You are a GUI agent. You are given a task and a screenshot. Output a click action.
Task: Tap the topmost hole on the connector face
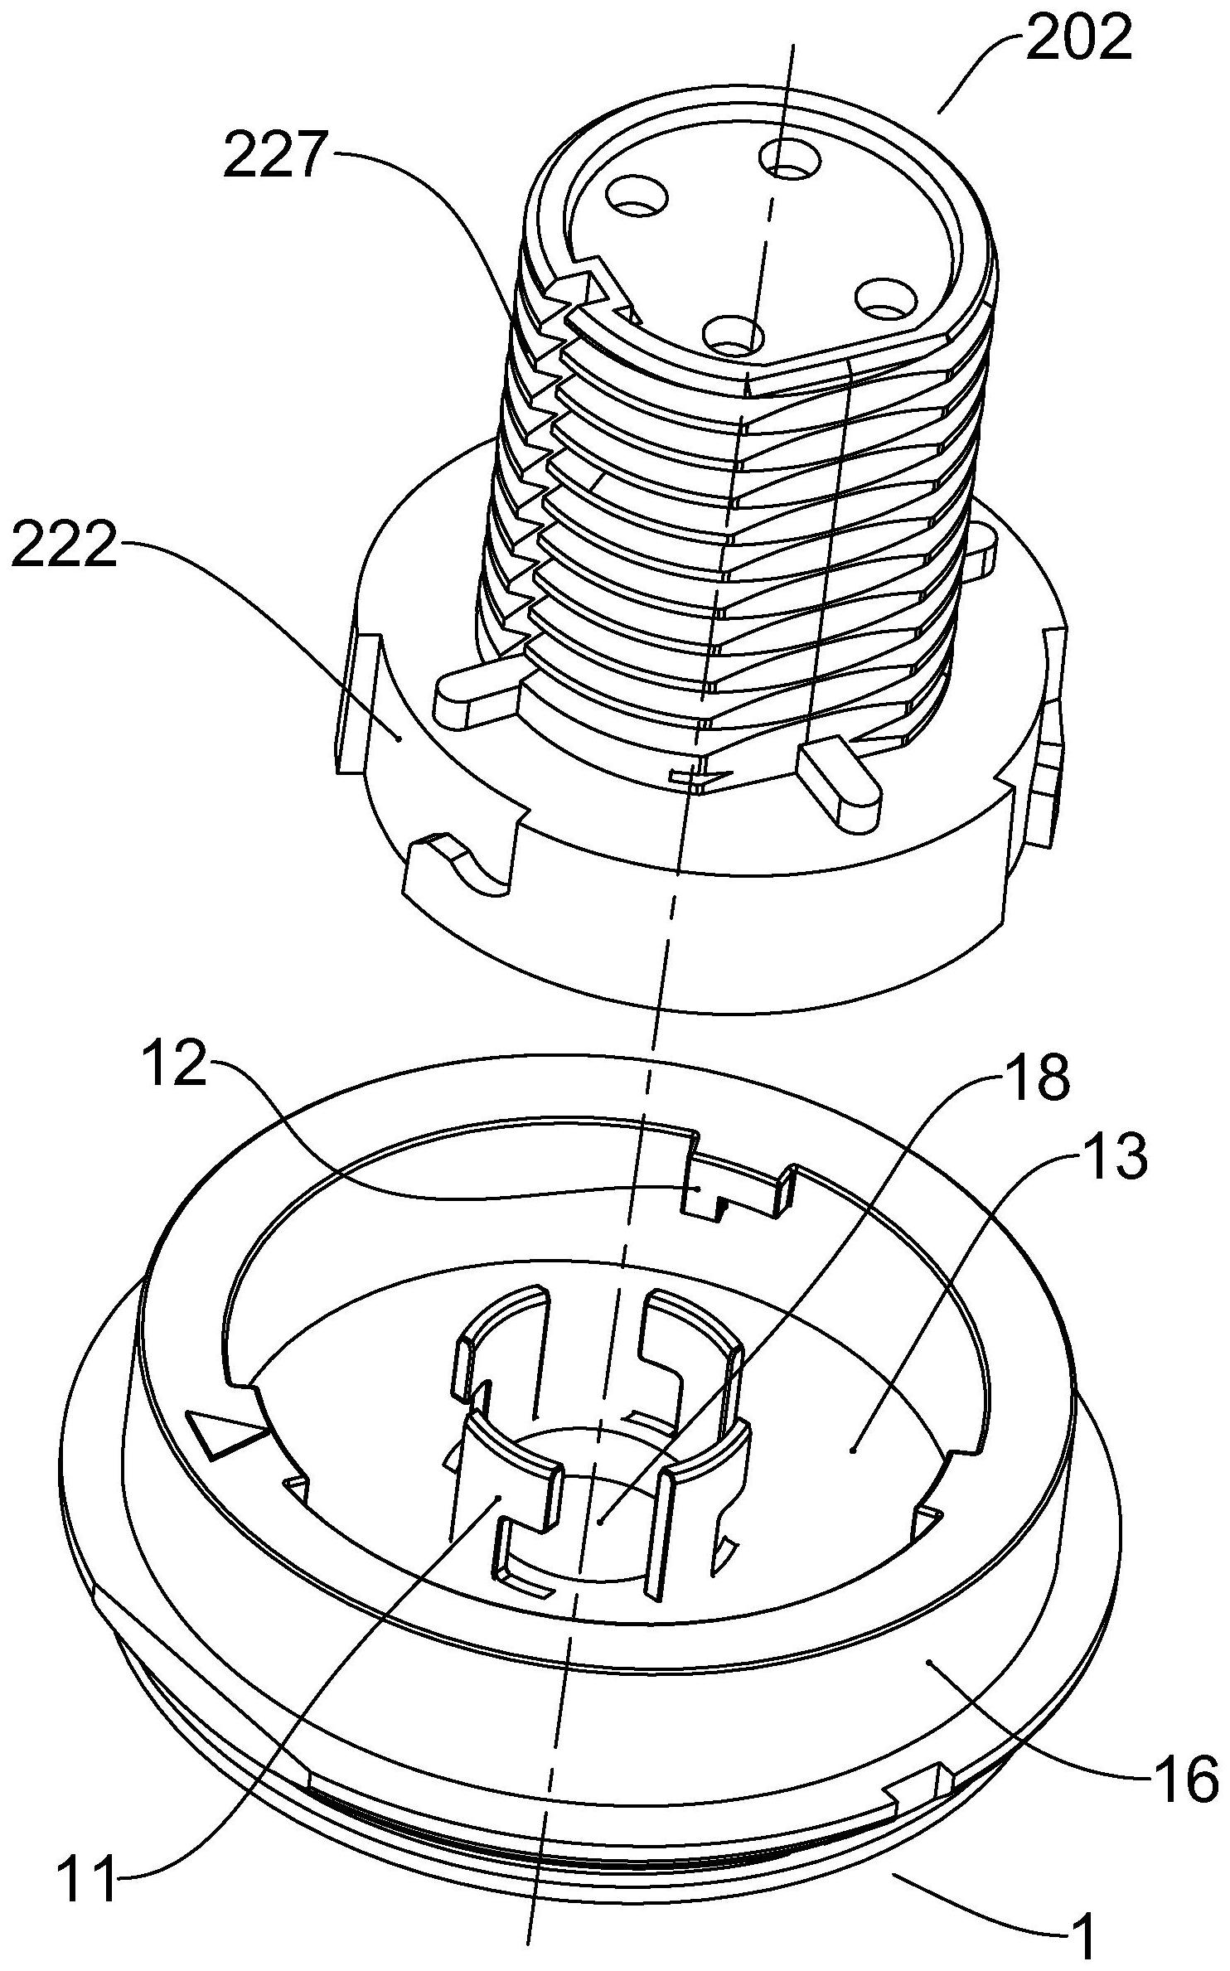point(787,157)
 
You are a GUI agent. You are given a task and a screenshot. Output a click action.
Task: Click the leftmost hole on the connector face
point(636,196)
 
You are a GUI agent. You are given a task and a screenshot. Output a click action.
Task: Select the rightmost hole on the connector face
point(883,298)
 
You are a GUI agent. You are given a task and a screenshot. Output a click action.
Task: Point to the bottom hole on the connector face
point(734,335)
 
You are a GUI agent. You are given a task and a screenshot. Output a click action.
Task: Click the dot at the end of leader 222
point(400,737)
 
